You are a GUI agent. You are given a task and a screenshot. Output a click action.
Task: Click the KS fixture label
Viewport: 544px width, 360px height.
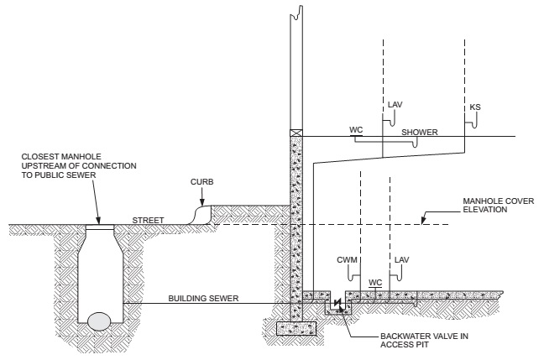476,107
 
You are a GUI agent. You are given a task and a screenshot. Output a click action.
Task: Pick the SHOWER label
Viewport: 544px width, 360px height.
416,133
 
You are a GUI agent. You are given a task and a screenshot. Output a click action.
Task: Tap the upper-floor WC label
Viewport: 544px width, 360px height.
355,131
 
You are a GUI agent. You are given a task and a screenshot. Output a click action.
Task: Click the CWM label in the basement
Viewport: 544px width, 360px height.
348,260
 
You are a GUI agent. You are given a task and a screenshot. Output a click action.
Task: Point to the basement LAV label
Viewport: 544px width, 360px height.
401,260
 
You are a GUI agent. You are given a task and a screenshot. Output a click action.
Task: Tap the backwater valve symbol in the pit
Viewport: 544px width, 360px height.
337,302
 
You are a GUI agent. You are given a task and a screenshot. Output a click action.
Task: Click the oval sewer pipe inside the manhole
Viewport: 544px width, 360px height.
99,319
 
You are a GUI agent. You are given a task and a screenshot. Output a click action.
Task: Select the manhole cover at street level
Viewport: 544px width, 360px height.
100,225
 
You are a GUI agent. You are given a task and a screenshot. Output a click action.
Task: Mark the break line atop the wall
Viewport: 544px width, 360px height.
295,12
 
